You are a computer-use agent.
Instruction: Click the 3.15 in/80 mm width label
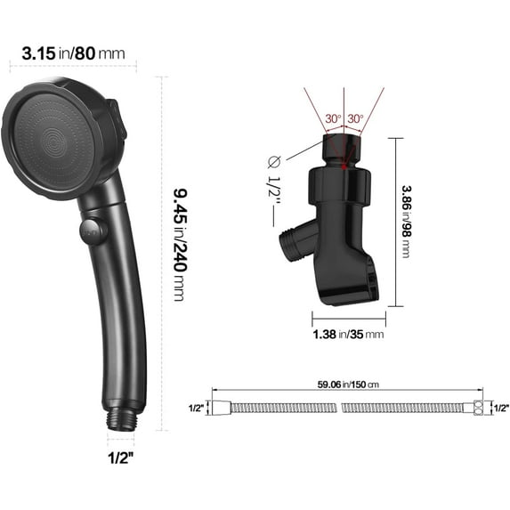pos(66,53)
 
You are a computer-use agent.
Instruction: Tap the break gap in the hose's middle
pos(340,408)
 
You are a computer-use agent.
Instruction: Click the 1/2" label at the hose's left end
pos(196,408)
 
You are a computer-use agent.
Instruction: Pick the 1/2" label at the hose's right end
pos(502,408)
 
